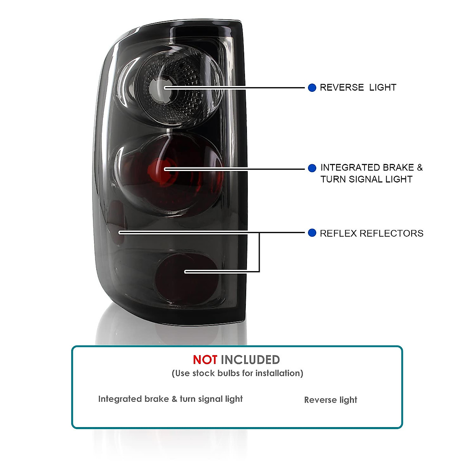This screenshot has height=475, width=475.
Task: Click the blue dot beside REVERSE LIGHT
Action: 312,87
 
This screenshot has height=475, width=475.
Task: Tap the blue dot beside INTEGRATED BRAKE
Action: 312,168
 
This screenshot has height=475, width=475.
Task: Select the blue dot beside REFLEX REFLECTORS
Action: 312,233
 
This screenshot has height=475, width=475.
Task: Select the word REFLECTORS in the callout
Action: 392,234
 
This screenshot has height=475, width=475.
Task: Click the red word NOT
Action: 205,360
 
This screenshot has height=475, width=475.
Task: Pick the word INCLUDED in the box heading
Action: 250,360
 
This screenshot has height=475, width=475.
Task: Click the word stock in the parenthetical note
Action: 203,373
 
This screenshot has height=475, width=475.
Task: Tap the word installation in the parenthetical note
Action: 279,373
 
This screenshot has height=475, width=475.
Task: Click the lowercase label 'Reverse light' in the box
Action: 331,400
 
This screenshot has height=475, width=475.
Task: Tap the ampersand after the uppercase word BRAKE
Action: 420,168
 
